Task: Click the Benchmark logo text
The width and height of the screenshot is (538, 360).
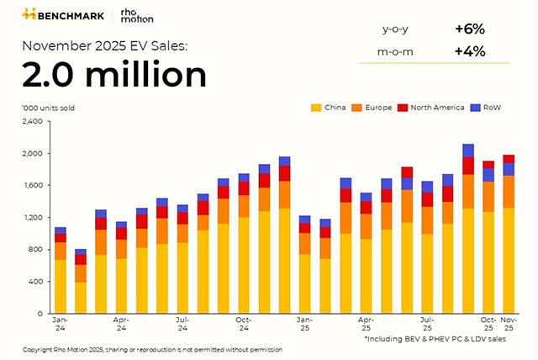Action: point(71,14)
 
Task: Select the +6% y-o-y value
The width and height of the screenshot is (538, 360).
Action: point(471,29)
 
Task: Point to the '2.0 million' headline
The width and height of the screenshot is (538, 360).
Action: point(114,75)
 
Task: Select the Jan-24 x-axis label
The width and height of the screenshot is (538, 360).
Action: point(60,324)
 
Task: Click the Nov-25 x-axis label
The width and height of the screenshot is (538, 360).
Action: point(509,324)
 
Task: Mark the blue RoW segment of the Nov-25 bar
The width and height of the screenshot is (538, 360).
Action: point(509,168)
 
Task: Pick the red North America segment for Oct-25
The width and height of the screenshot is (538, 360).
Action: point(488,165)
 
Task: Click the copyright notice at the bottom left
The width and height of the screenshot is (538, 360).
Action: point(152,349)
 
